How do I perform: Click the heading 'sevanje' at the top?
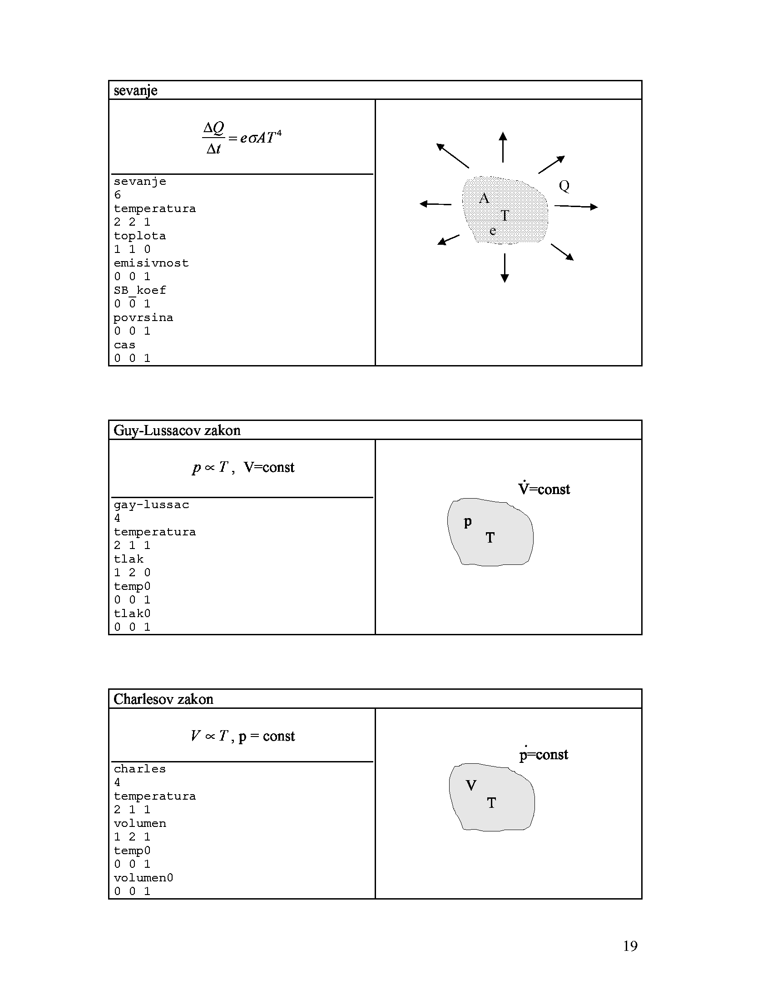coord(135,90)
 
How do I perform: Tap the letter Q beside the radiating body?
coord(564,186)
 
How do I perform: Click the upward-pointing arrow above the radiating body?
coord(503,147)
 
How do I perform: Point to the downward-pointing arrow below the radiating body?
coord(505,268)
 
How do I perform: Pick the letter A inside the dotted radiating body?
coord(484,198)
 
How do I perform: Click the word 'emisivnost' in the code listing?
coord(151,263)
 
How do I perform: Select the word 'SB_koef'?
coord(139,291)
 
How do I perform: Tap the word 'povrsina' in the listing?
coord(143,318)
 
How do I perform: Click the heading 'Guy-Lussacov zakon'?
coord(177,430)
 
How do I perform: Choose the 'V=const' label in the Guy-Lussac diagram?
coord(544,489)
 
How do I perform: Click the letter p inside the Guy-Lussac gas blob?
coord(467,522)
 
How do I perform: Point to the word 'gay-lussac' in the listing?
coord(151,505)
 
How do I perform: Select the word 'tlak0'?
coord(132,613)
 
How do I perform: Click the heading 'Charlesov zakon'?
coord(163,699)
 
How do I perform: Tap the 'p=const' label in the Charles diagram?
coord(543,754)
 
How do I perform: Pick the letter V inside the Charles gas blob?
coord(471,786)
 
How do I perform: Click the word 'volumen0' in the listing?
coord(143,878)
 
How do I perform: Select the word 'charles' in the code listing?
coord(139,769)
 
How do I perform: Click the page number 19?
coord(630,946)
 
